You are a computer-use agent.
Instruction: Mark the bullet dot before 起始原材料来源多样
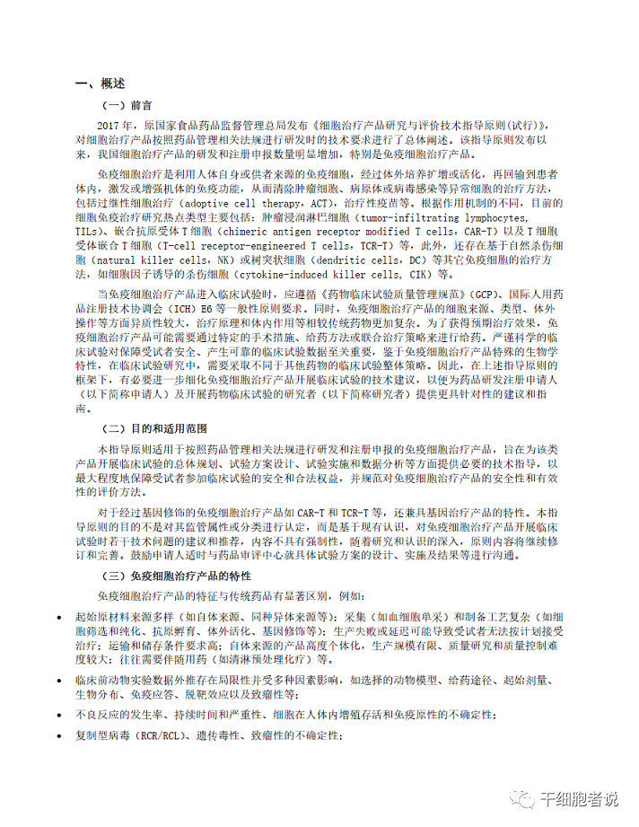[x=60, y=618]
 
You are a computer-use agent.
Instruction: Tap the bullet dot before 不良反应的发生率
[x=60, y=715]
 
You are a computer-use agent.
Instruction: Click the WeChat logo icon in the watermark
[x=523, y=798]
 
